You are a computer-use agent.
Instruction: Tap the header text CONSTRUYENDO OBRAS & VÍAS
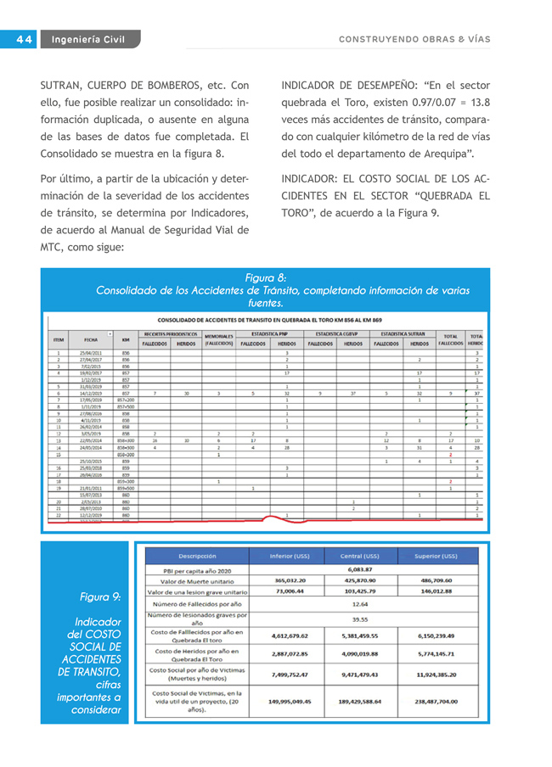coord(414,39)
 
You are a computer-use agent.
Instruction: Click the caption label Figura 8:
coord(265,278)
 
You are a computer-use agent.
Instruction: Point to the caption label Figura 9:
coord(100,596)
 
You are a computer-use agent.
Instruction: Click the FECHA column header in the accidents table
coord(90,339)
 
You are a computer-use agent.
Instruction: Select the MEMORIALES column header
coord(218,339)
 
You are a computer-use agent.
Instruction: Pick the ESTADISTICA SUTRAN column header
coord(403,334)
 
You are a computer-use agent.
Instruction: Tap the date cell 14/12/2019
coord(92,394)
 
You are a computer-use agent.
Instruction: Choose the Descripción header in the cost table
coord(196,556)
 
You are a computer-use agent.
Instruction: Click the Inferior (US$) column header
coord(290,556)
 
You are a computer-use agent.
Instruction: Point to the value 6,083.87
coord(360,568)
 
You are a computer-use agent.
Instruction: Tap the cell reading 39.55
coord(360,619)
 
